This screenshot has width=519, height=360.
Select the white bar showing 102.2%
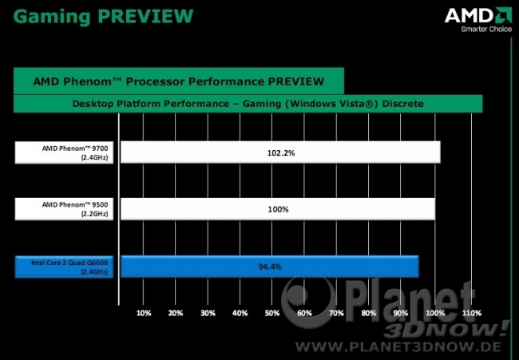(280, 152)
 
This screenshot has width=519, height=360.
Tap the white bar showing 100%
(278, 209)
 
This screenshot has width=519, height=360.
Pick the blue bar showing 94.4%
(269, 267)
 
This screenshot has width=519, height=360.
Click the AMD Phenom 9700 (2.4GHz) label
(64, 152)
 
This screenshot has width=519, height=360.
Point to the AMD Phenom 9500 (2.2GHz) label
(64, 209)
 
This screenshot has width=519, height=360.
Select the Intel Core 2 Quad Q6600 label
(64, 267)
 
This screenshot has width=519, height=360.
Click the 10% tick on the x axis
(144, 313)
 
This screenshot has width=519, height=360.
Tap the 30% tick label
(208, 313)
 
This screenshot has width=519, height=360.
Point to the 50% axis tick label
(272, 313)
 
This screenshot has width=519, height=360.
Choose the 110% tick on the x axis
(472, 313)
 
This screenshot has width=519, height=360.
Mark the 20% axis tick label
(176, 313)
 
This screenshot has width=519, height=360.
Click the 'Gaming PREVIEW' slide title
(103, 17)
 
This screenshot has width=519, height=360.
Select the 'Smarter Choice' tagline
(486, 29)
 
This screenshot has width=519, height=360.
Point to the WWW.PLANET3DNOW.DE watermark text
(398, 346)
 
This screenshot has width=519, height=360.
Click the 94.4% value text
(270, 267)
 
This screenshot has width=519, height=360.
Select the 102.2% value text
(281, 152)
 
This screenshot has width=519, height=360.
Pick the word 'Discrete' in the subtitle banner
(402, 104)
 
